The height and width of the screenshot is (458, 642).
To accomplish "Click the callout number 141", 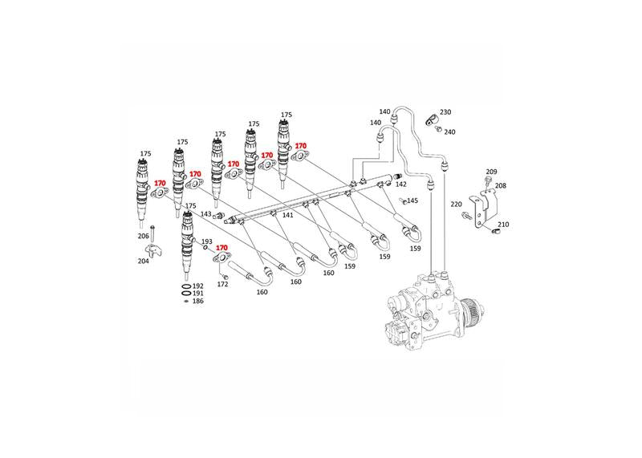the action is [288, 215].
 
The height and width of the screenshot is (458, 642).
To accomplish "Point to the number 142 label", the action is [401, 184].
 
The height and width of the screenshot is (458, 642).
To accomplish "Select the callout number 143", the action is [206, 214].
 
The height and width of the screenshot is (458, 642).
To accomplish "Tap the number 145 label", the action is [412, 201].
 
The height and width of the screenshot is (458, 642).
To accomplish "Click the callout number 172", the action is [223, 284].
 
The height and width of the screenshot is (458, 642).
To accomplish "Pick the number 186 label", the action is [198, 302].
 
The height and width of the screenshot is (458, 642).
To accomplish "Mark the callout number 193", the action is [207, 241].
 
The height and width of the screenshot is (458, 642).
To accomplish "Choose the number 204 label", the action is [144, 261].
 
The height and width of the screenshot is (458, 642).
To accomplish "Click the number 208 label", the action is [501, 186].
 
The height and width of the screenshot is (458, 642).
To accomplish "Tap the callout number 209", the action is [492, 172].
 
